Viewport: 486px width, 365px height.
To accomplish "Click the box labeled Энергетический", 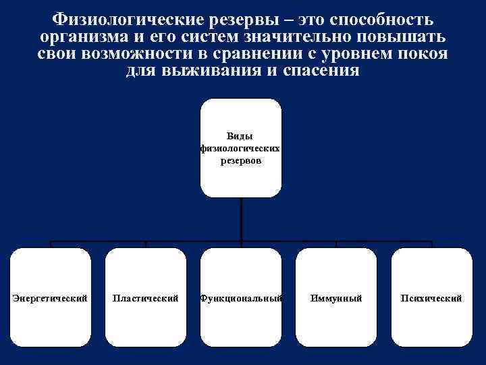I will pos(51,297).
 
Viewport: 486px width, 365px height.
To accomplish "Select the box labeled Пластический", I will pos(146,297).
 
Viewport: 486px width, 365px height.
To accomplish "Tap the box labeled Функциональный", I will pos(241,297).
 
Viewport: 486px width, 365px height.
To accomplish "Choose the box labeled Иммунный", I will pos(336,297).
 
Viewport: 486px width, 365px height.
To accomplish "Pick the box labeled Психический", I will pos(431,297).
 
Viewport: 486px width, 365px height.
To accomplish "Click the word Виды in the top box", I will pos(240,136).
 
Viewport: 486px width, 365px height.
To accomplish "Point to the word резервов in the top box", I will pos(240,162).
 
